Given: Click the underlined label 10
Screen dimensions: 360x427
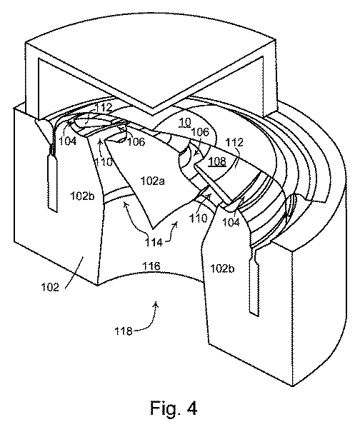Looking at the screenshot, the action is [x=185, y=123].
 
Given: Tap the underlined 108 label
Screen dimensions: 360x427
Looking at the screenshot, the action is [x=217, y=161].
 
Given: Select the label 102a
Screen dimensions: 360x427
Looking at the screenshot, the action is [x=152, y=181].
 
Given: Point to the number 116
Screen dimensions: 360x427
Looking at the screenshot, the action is [x=151, y=266].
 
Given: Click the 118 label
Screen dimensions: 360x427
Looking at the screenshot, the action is [x=124, y=331].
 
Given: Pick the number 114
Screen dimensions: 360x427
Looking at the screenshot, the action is [x=154, y=242].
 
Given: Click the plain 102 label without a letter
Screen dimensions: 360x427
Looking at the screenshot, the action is [x=50, y=287].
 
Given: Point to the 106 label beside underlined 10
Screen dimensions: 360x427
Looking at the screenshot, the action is [x=200, y=132].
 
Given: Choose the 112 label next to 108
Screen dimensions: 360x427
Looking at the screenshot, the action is [x=234, y=142].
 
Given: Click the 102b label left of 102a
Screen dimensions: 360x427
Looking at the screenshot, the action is [x=82, y=196].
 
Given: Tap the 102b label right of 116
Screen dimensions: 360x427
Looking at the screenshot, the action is [x=223, y=268].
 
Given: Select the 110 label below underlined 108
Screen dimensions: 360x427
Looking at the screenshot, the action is [x=198, y=218].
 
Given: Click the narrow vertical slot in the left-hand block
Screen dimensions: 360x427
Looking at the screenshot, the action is [x=52, y=183].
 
